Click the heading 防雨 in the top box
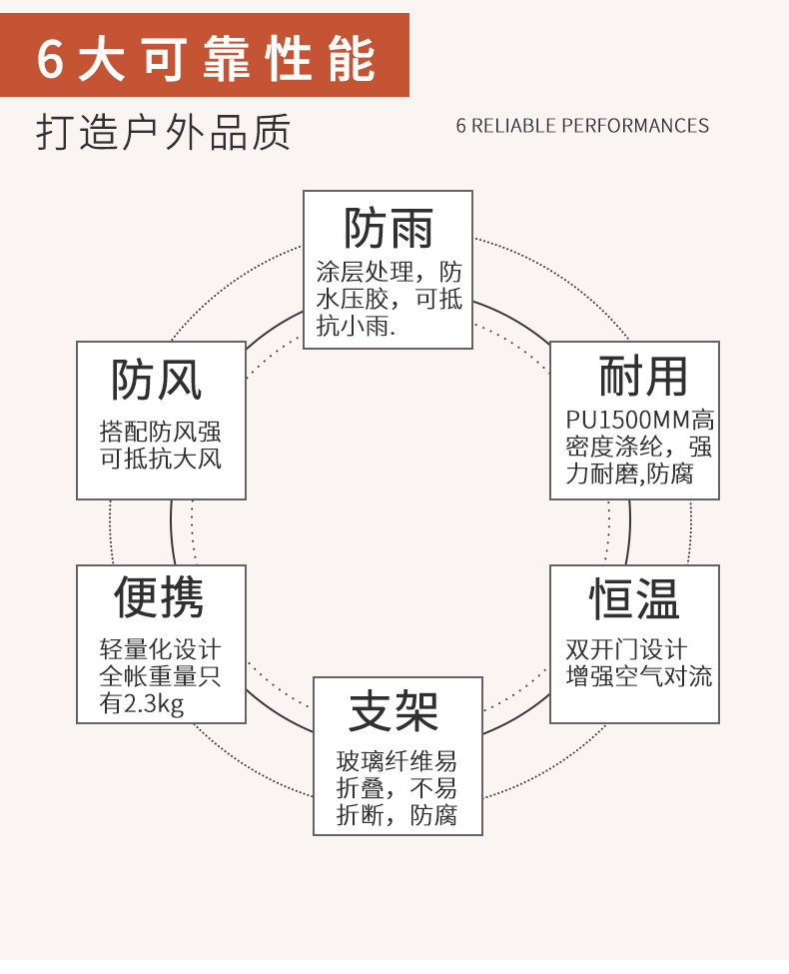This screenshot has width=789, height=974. coord(388,229)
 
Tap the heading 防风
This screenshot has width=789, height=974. coord(157,380)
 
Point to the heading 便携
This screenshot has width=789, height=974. coord(158,596)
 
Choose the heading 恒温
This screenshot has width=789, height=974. coord(634,599)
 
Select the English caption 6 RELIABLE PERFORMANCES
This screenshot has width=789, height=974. coord(582,126)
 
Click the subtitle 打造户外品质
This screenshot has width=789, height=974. coord(164,132)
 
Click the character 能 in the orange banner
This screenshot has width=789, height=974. coord(351,59)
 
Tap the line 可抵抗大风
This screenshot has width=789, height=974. coord(161,460)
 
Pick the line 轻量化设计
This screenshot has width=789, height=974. coord(160,649)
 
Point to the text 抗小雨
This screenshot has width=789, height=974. coord(355,325)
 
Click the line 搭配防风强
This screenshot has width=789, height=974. coord(161,432)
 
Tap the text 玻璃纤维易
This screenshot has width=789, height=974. coord(396,761)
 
